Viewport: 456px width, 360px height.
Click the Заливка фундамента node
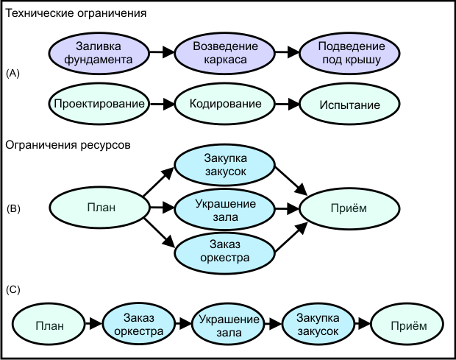pos(98,53)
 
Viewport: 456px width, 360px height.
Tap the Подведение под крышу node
pos(350,53)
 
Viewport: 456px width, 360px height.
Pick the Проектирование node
pos(98,104)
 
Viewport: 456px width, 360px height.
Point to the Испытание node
pos(350,104)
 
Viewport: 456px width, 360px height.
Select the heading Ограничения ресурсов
pos(68,145)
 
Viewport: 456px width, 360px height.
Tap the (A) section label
pos(13,74)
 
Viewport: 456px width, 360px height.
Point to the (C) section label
pos(13,289)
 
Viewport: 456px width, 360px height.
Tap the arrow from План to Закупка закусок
pos(159,183)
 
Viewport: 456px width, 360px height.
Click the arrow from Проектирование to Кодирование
pos(161,104)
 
